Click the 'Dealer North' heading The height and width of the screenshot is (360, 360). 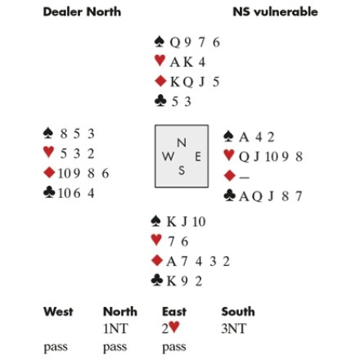click(x=82, y=12)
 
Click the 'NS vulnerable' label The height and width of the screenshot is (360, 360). click(x=275, y=12)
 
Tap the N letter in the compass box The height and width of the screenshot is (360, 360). click(x=182, y=142)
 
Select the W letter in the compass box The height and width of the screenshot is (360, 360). click(x=168, y=156)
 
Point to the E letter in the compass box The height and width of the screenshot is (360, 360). click(x=198, y=157)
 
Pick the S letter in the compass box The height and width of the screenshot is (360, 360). click(x=182, y=170)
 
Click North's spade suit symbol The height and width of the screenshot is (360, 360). click(x=160, y=42)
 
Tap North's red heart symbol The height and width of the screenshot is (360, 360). click(x=160, y=61)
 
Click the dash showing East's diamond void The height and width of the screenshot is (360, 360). click(x=245, y=178)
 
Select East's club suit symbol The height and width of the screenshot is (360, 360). click(x=229, y=196)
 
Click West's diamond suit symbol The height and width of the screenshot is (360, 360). click(x=49, y=173)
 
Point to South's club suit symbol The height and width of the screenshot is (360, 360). click(x=157, y=281)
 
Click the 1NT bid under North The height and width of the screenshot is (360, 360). click(x=115, y=329)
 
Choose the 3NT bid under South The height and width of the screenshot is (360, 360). click(x=234, y=329)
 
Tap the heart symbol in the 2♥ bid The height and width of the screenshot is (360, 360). click(x=174, y=327)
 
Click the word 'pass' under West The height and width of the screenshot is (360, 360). click(x=56, y=348)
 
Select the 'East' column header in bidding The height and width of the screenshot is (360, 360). click(x=174, y=312)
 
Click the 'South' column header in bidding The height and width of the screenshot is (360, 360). click(x=238, y=312)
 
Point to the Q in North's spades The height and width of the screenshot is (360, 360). click(x=175, y=43)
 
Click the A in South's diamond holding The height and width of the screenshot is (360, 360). click(x=171, y=262)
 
